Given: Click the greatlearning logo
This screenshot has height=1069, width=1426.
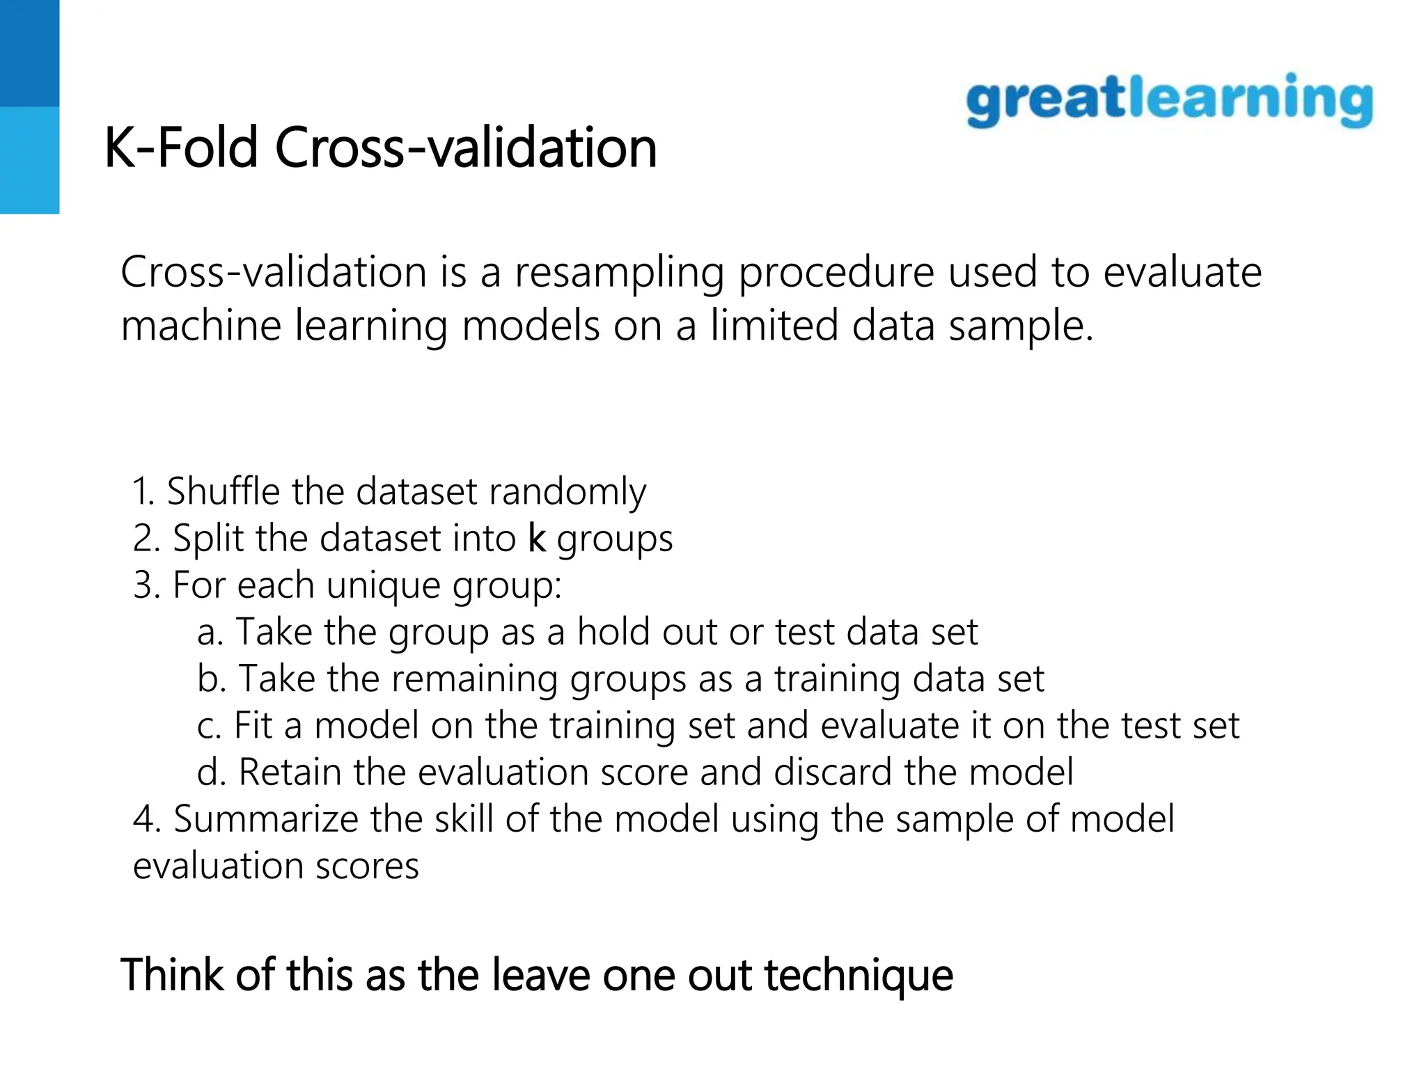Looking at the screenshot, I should [1169, 101].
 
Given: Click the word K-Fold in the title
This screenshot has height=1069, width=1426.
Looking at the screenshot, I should [181, 148].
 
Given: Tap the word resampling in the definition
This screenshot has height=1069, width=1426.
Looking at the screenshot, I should [618, 273].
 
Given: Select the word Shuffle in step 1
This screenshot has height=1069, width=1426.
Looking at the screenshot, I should [223, 491].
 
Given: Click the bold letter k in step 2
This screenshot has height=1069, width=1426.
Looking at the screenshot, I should [537, 538].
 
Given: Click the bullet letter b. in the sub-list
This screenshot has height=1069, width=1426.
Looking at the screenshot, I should [211, 679].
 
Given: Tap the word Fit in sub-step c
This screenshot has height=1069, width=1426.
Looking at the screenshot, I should [253, 725].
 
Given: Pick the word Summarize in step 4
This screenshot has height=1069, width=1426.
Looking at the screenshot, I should [265, 819].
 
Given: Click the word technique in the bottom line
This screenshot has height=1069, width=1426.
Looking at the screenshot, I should [858, 976].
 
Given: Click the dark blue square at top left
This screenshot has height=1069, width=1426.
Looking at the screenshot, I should [29, 53].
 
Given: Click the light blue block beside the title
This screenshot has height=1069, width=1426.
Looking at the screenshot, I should [29, 160].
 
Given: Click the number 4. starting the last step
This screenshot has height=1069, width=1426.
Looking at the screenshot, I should [146, 819].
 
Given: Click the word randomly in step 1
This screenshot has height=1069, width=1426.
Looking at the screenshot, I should [567, 493].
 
